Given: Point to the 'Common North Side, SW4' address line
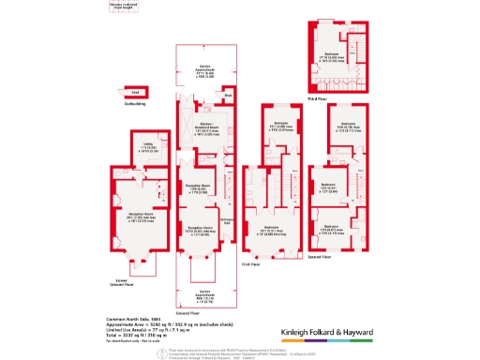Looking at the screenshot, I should click(x=128, y=319).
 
